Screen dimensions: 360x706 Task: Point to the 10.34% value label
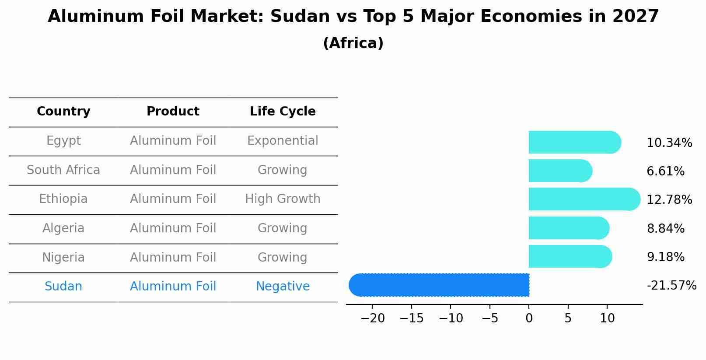[x=669, y=143]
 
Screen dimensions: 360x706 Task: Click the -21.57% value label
[x=671, y=286]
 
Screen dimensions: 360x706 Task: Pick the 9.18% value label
[x=665, y=257]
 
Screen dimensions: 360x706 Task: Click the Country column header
[x=63, y=112]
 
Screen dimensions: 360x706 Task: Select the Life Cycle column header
[x=283, y=112]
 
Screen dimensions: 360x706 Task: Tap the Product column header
[x=173, y=112]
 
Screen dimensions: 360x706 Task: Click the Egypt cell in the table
[x=63, y=141]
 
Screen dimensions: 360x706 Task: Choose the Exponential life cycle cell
[x=283, y=141]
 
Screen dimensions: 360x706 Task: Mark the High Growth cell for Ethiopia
[x=283, y=199]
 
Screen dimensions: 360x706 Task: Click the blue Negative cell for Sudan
[x=283, y=287]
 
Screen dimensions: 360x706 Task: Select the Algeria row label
[x=63, y=228]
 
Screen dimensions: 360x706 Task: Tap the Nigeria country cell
[x=63, y=258]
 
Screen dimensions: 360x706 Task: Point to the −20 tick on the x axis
[x=372, y=318]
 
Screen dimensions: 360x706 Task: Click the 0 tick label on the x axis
[x=529, y=318]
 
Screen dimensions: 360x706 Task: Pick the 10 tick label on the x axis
[x=607, y=318]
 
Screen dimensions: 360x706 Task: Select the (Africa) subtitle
[x=353, y=43]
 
